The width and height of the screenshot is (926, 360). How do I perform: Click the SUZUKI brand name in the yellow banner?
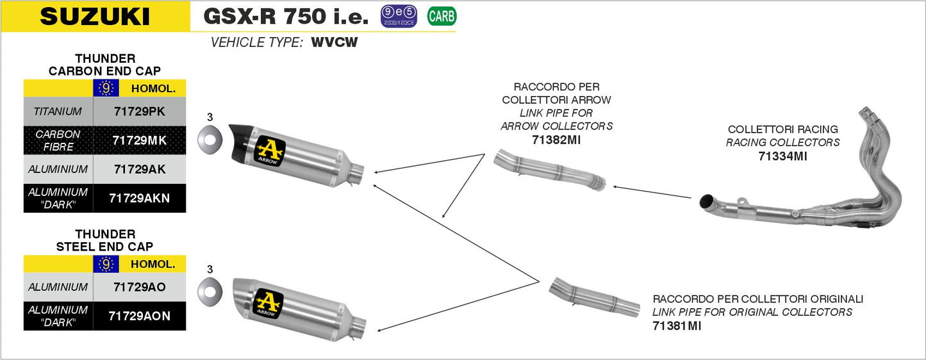[x=95, y=17]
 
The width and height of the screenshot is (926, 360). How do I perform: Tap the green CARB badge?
[x=441, y=16]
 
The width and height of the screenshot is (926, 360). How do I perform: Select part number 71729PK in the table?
[x=139, y=111]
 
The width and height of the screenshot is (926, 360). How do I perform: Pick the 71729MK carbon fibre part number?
[x=139, y=140]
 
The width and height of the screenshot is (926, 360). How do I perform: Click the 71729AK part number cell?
[x=139, y=169]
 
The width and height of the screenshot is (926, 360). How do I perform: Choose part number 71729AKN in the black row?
[x=139, y=198]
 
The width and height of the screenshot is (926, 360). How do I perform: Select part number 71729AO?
[x=139, y=287]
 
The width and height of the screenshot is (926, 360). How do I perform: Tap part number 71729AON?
[x=139, y=316]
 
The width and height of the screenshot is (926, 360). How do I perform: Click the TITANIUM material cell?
[x=58, y=111]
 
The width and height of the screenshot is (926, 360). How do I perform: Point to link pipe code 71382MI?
[x=556, y=140]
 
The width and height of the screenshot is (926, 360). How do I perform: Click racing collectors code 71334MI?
[x=782, y=156]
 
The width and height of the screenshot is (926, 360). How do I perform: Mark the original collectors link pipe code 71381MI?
[x=677, y=326]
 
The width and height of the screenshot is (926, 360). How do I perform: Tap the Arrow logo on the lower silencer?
[x=269, y=302]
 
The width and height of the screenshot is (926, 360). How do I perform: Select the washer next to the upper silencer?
[x=210, y=137]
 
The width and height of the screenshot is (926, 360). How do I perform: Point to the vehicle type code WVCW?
[x=334, y=43]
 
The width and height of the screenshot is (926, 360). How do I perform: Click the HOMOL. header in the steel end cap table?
[x=153, y=264]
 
